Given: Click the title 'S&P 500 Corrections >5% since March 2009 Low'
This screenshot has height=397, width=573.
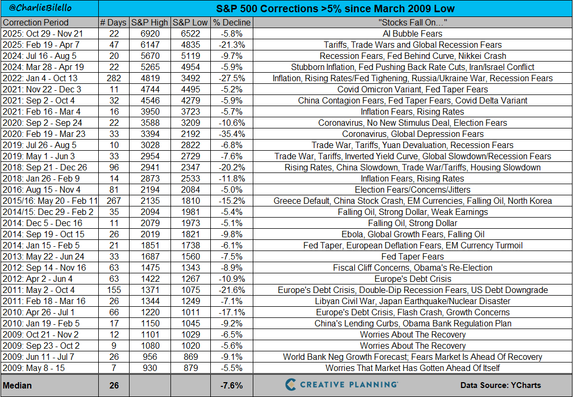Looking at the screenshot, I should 335,9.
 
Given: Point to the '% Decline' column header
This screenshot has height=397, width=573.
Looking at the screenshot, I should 232,23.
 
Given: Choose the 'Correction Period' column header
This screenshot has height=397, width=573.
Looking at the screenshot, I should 36,23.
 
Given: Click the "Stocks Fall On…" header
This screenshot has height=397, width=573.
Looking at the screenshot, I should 413,23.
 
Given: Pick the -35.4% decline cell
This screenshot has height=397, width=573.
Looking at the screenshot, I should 232,134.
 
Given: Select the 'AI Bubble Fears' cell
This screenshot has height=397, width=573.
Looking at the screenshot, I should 413,34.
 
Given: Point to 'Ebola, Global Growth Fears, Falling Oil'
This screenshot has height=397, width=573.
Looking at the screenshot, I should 413,235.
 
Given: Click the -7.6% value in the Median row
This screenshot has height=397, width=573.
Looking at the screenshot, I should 232,385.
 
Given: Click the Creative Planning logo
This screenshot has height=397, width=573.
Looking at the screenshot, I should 341,385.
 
